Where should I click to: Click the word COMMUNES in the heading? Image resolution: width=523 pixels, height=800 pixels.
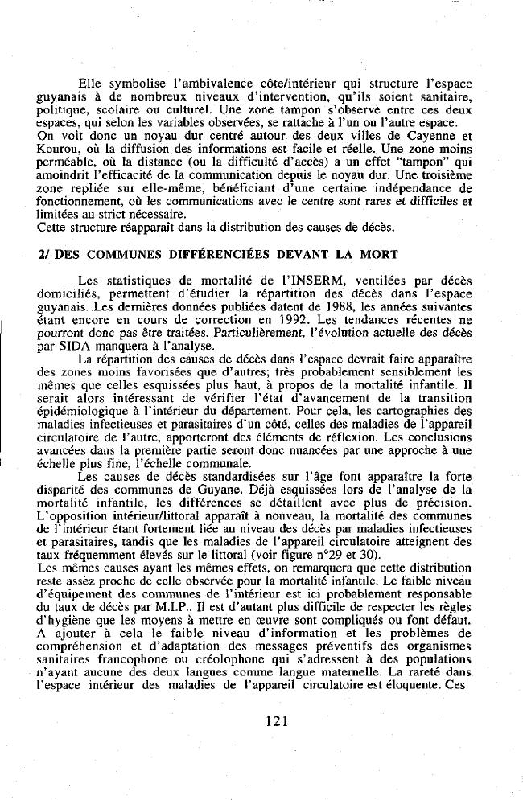[x=97, y=255]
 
